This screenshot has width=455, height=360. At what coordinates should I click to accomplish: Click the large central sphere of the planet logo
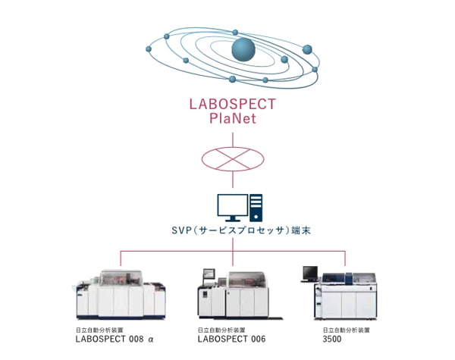click(x=244, y=49)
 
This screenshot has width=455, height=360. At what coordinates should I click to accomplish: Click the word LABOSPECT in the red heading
click(x=232, y=104)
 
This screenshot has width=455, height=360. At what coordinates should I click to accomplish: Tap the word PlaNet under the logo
click(x=232, y=119)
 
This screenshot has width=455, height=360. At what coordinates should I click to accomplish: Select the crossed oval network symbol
click(x=232, y=161)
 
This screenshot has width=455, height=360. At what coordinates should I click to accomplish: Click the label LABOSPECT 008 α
click(x=115, y=340)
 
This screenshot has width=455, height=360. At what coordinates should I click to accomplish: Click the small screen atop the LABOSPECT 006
click(x=211, y=275)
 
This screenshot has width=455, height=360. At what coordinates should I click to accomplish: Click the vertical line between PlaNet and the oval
click(x=232, y=138)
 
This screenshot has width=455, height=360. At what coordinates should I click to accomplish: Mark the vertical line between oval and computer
click(x=232, y=182)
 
